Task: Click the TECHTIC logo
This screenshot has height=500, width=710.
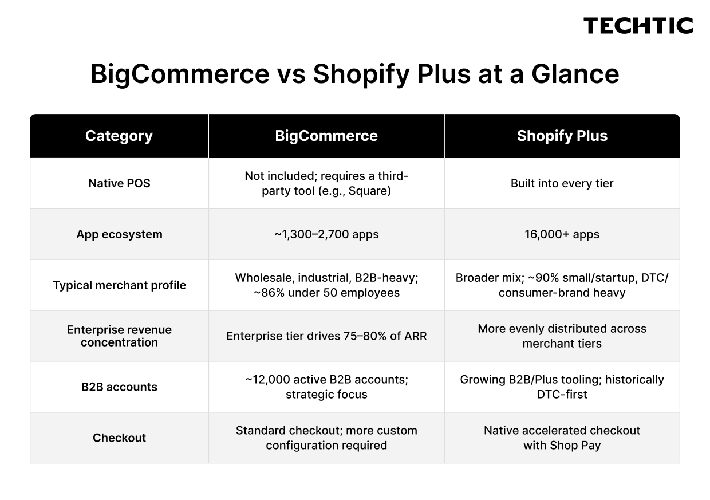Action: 638,26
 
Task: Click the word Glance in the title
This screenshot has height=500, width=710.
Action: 575,74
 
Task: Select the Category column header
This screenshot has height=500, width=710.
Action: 119,136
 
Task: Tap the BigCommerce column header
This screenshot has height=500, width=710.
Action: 326,136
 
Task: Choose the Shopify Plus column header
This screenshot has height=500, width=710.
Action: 562,136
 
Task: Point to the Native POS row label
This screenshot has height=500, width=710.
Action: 119,183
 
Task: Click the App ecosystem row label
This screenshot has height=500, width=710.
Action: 119,234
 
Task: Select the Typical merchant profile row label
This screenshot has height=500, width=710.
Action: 119,285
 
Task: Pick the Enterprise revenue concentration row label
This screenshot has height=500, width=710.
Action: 119,336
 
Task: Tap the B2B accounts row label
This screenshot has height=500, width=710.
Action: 119,387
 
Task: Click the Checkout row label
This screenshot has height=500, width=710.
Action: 119,438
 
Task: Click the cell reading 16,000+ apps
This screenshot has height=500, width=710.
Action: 562,234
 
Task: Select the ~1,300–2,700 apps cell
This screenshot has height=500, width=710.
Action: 326,234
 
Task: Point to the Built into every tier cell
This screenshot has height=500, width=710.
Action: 562,184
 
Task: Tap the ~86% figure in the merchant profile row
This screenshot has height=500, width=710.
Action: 269,293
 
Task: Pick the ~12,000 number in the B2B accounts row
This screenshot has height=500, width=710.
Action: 267,380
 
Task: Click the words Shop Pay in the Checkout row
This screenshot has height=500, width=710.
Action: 575,446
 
